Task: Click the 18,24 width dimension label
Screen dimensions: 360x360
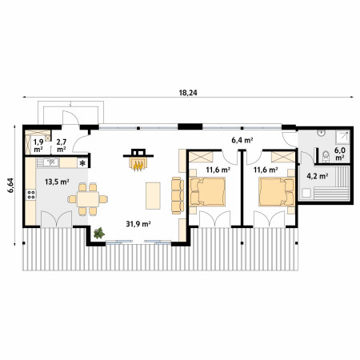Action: tap(188, 93)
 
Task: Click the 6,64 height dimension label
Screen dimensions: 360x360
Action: tap(10, 185)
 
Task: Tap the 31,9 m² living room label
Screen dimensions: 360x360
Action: tap(138, 224)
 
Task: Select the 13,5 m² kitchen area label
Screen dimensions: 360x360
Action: tap(57, 182)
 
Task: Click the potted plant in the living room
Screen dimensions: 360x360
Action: tap(99, 233)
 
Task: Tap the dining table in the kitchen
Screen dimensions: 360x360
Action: tap(88, 199)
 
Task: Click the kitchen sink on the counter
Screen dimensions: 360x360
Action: tap(48, 162)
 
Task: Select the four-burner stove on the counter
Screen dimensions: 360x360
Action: tap(31, 194)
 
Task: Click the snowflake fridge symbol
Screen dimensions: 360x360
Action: tap(82, 163)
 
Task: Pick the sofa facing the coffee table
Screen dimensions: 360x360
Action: tap(178, 196)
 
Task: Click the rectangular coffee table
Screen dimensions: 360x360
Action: tap(153, 196)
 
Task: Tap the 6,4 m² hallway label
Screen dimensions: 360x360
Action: tap(242, 140)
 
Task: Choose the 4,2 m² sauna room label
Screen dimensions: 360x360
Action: tap(318, 176)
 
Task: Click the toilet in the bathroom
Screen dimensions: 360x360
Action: tap(326, 157)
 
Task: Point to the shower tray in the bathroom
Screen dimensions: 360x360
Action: tap(342, 137)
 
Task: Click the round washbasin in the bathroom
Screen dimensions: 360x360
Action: tap(321, 133)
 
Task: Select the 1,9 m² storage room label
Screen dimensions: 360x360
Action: tap(38, 146)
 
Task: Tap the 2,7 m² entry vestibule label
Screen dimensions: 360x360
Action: tap(62, 146)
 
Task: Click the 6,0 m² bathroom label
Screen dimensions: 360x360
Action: tap(340, 154)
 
